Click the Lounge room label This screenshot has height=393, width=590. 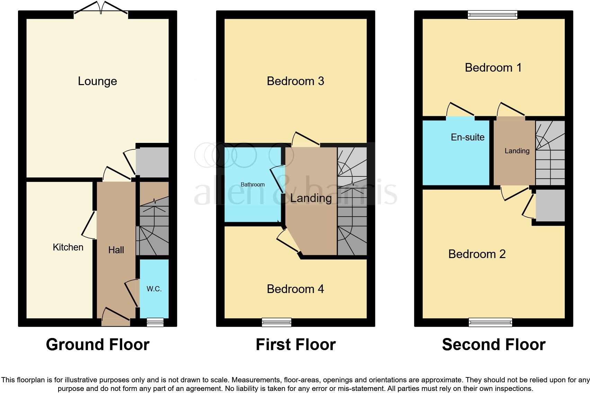(97, 81)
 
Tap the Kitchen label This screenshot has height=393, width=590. (68, 247)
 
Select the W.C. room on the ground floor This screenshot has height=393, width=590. (154, 289)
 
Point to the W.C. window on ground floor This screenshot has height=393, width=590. (155, 322)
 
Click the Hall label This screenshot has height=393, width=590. (116, 250)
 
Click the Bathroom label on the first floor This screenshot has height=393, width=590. (252, 184)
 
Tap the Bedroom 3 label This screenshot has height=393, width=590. (295, 81)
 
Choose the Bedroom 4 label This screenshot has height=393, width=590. (295, 289)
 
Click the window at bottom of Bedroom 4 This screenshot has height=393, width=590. (276, 322)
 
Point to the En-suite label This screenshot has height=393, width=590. (467, 137)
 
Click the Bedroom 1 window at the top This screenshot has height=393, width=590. (492, 15)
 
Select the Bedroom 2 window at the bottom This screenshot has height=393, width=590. (490, 322)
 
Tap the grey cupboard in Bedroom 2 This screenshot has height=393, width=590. (550, 205)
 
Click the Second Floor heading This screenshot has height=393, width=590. (494, 345)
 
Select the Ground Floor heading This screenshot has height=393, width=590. (98, 345)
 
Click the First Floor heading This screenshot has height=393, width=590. (295, 345)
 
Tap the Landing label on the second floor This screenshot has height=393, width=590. (517, 151)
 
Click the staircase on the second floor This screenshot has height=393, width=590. (550, 153)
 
